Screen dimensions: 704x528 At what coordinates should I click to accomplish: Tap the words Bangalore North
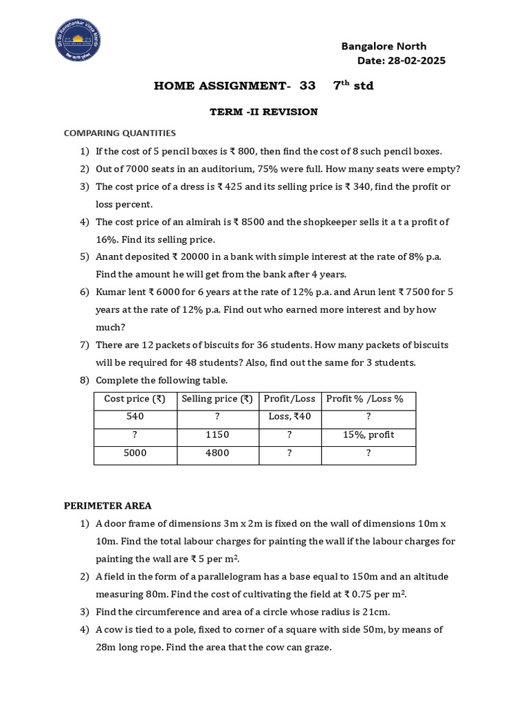coord(384,46)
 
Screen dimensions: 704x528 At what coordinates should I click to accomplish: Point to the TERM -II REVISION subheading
coord(263,111)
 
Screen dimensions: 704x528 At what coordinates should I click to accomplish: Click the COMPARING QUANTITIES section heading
coord(120,133)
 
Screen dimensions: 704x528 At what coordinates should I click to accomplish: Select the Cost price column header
coord(135,399)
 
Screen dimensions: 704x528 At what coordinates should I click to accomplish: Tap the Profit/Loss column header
coord(289,399)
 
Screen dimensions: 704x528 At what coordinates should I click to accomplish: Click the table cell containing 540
coord(135,417)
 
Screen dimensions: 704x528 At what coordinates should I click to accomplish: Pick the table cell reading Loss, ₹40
coord(289,417)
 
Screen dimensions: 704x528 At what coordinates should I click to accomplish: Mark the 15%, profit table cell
coord(368,435)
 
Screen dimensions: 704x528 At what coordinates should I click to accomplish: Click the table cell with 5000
coord(135,453)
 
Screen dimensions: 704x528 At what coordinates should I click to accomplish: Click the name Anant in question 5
coord(111,256)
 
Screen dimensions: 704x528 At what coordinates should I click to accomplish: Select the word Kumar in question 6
coord(111,291)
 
